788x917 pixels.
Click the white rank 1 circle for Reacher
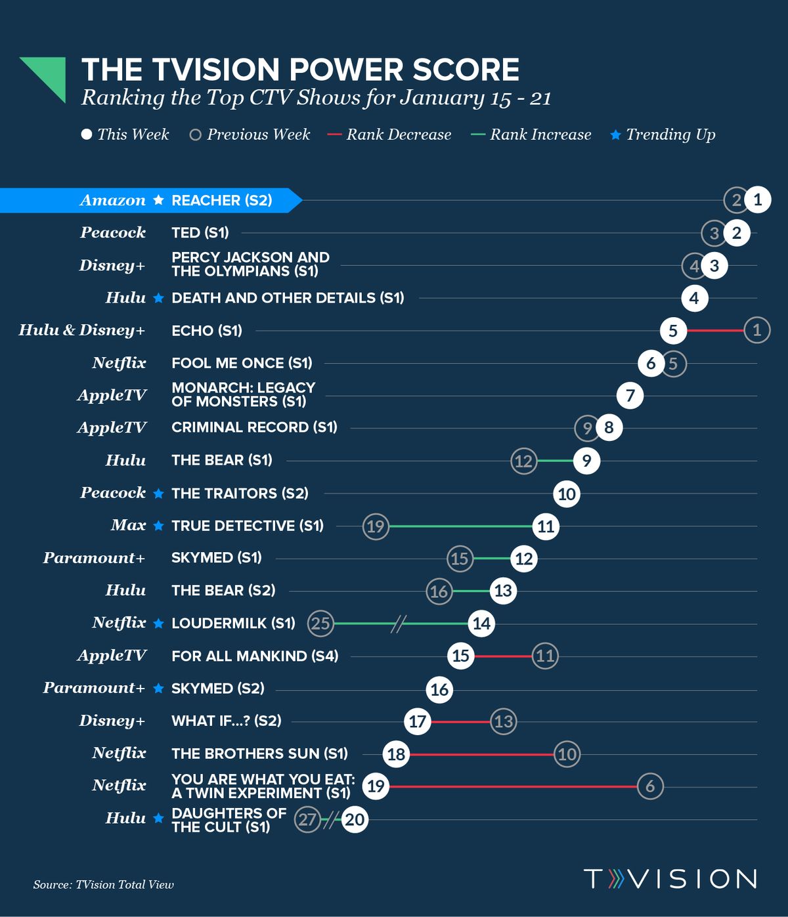click(x=757, y=200)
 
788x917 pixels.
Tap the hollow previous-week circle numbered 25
click(x=320, y=623)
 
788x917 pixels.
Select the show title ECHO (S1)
click(x=206, y=330)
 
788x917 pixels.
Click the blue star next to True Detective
click(x=158, y=526)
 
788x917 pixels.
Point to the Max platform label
click(x=128, y=525)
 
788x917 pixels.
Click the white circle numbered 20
click(x=355, y=819)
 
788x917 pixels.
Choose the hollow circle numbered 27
click(x=307, y=819)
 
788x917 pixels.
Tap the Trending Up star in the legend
click(x=615, y=135)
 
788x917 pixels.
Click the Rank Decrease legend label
click(x=399, y=135)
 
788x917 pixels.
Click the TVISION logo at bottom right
click(x=670, y=878)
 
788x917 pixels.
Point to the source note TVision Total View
click(x=104, y=885)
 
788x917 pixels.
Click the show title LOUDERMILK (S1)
click(x=233, y=623)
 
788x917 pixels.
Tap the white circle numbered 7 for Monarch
click(x=630, y=395)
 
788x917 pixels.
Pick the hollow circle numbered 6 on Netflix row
click(x=650, y=786)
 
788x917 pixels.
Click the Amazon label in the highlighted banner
click(x=113, y=200)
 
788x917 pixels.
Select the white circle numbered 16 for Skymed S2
click(x=439, y=689)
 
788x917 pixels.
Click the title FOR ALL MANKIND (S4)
click(x=255, y=656)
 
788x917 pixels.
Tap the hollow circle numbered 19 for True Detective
click(x=376, y=526)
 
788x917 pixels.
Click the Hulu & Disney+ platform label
click(x=81, y=330)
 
